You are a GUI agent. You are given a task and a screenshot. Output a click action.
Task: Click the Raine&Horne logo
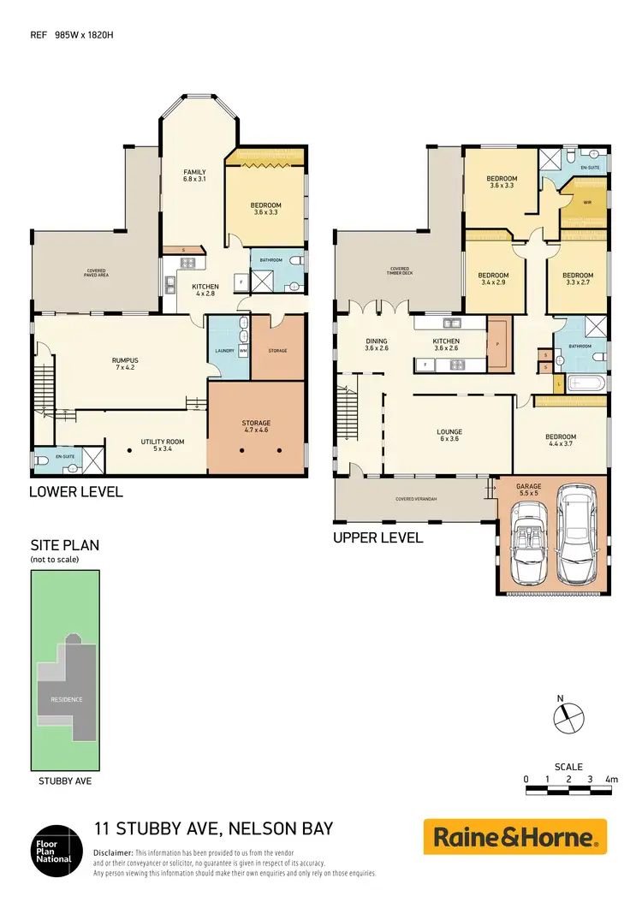[515, 836]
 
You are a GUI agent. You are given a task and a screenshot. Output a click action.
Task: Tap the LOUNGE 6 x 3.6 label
[449, 436]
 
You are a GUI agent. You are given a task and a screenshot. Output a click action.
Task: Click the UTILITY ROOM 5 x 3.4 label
[162, 445]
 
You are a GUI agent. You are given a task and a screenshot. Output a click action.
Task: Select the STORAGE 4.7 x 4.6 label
[256, 426]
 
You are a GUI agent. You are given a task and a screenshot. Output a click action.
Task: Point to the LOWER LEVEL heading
[76, 491]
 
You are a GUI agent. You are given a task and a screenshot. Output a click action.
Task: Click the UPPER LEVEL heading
[377, 538]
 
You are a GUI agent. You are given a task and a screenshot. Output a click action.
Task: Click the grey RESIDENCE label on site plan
[66, 699]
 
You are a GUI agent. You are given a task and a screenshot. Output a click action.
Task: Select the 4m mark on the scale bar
[610, 779]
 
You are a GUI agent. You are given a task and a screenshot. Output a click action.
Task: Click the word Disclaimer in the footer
[113, 853]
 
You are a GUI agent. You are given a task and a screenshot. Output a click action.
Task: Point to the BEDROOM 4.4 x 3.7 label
[561, 440]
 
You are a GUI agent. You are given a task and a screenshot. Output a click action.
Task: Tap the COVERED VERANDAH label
[417, 498]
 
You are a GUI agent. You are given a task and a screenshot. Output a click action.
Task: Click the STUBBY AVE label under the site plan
[65, 780]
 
